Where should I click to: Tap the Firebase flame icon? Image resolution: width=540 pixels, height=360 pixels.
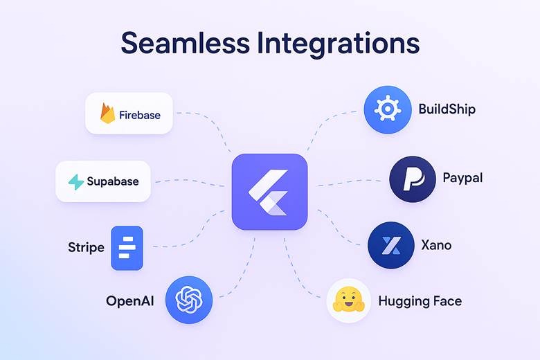point(107,114)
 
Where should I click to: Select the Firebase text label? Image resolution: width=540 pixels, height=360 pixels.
point(139,114)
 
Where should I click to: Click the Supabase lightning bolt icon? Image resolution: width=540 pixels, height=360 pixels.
point(75,182)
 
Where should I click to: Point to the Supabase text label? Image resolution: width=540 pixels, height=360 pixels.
point(113,182)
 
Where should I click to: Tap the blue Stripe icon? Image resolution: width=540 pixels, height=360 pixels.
point(127,248)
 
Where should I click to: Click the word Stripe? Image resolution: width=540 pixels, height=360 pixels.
point(86,247)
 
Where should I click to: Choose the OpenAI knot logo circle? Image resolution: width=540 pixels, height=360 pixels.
point(188,300)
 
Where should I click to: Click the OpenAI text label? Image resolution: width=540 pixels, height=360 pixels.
point(129,300)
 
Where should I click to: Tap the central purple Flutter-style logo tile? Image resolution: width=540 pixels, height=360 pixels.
point(269,192)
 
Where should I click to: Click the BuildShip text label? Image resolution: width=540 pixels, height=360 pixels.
point(447,109)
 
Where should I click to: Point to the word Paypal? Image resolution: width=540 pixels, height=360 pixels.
point(462,178)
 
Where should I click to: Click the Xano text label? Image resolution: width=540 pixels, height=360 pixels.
point(436,245)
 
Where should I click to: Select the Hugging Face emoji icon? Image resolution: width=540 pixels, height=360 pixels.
point(349,300)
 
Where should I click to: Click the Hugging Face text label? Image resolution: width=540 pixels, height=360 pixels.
point(420,300)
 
